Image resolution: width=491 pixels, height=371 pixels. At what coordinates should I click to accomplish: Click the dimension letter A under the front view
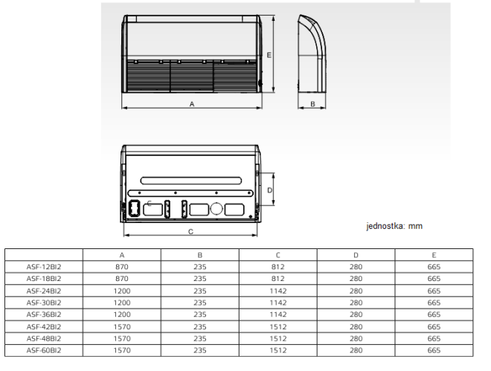coord(192,104)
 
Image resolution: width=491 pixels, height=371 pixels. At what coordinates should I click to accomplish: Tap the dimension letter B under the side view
coord(312,104)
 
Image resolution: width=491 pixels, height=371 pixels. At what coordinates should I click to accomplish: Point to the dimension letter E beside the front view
coord(269,55)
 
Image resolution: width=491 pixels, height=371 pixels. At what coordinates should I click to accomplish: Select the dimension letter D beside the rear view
coord(269,190)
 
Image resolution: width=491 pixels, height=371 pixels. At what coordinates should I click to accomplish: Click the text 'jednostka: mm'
coord(394,226)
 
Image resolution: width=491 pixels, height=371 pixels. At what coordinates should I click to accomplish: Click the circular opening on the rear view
coord(216,209)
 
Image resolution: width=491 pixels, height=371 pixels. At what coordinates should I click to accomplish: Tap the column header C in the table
coord(277,255)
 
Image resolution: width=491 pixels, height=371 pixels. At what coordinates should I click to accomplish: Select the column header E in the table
coord(434,255)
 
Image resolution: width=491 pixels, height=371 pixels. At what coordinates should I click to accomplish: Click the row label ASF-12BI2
coord(44,267)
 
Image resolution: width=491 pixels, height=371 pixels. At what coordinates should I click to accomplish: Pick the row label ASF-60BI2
coord(44,350)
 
